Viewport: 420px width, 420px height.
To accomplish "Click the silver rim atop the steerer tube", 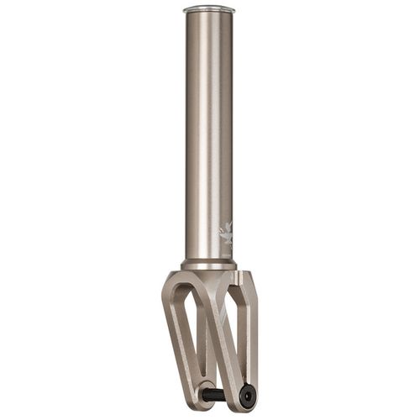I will pyautogui.click(x=208, y=9).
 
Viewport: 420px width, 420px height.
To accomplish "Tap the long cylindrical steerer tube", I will pyautogui.click(x=208, y=126).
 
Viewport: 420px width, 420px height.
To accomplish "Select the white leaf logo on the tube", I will pyautogui.click(x=226, y=234).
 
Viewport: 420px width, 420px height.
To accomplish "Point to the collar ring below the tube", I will pyautogui.click(x=208, y=265).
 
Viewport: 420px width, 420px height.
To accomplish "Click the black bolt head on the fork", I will pyautogui.click(x=247, y=394).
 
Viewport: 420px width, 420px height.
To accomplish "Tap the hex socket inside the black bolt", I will pyautogui.click(x=248, y=394).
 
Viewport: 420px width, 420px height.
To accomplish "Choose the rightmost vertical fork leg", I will pyautogui.click(x=249, y=336).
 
